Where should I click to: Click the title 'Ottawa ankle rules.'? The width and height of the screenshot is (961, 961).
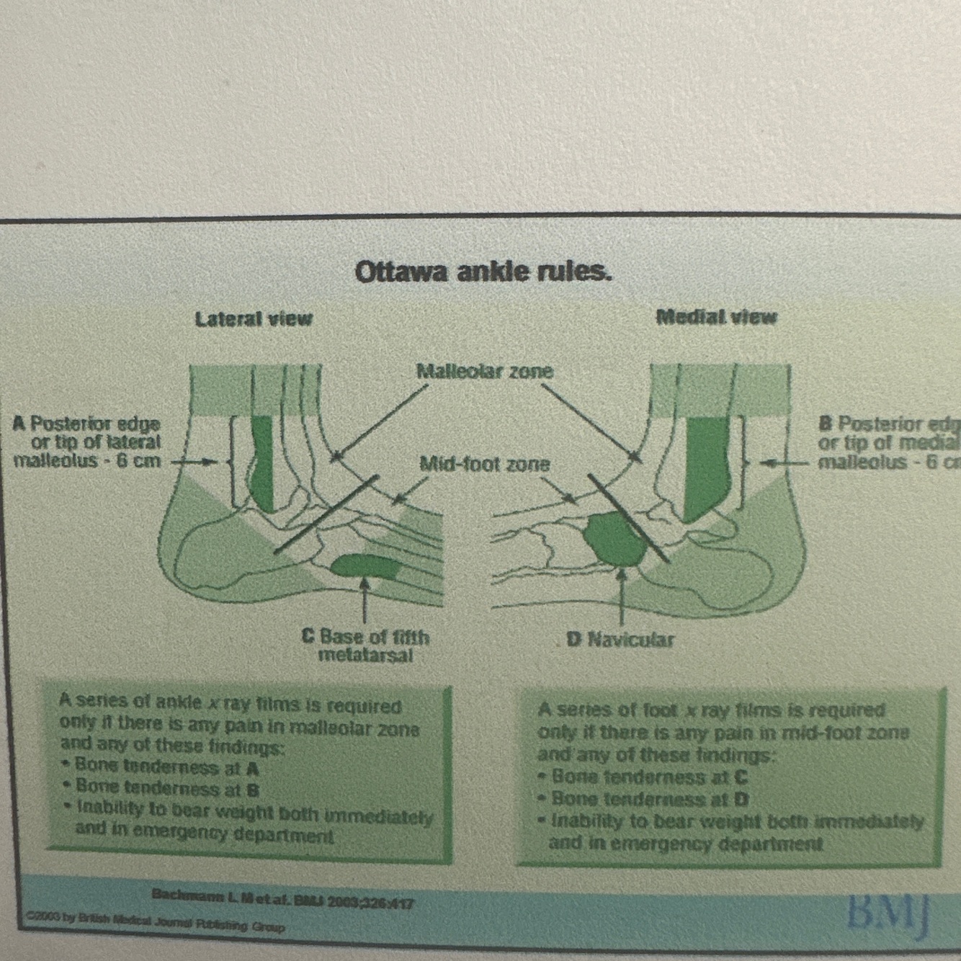(483, 272)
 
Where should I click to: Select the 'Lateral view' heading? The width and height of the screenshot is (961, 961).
(254, 318)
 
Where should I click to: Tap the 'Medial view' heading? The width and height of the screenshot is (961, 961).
(716, 317)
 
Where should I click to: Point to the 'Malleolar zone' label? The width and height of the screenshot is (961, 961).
(485, 371)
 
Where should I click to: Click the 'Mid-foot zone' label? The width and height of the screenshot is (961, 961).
(484, 465)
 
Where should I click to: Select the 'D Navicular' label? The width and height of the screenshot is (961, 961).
(620, 639)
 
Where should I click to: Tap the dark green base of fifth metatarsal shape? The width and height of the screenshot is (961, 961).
(365, 566)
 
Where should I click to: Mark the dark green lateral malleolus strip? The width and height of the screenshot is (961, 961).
(262, 461)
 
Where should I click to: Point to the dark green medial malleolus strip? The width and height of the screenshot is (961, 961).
(705, 465)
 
